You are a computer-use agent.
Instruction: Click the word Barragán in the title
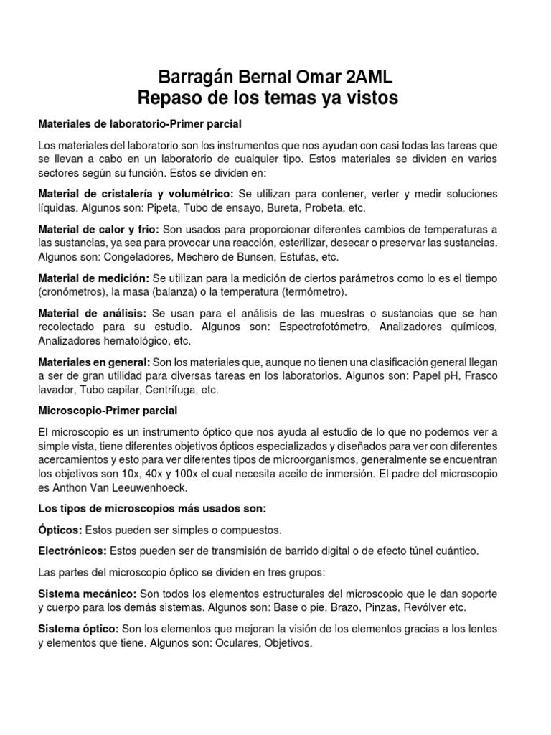tap(192, 78)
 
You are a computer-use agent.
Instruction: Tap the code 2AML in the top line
tap(364, 78)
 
